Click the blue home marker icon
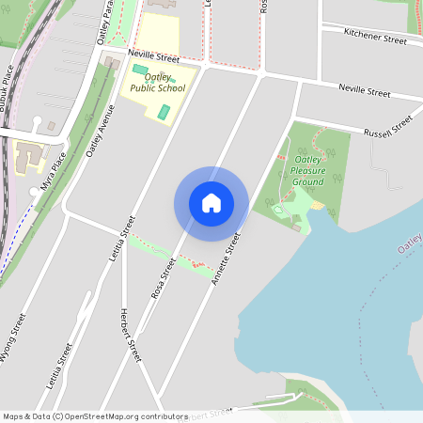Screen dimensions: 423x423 211,203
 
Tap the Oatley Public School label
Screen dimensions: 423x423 158,83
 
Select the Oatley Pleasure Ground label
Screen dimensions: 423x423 307,170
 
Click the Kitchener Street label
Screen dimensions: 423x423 375,37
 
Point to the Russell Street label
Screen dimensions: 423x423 387,125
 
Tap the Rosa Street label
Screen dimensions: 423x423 164,278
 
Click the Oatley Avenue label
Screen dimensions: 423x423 101,131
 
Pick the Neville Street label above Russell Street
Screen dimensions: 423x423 363,91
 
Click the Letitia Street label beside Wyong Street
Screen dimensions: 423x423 58,367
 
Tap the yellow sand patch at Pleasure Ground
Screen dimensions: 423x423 319,205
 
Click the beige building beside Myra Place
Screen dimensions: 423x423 25,156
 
